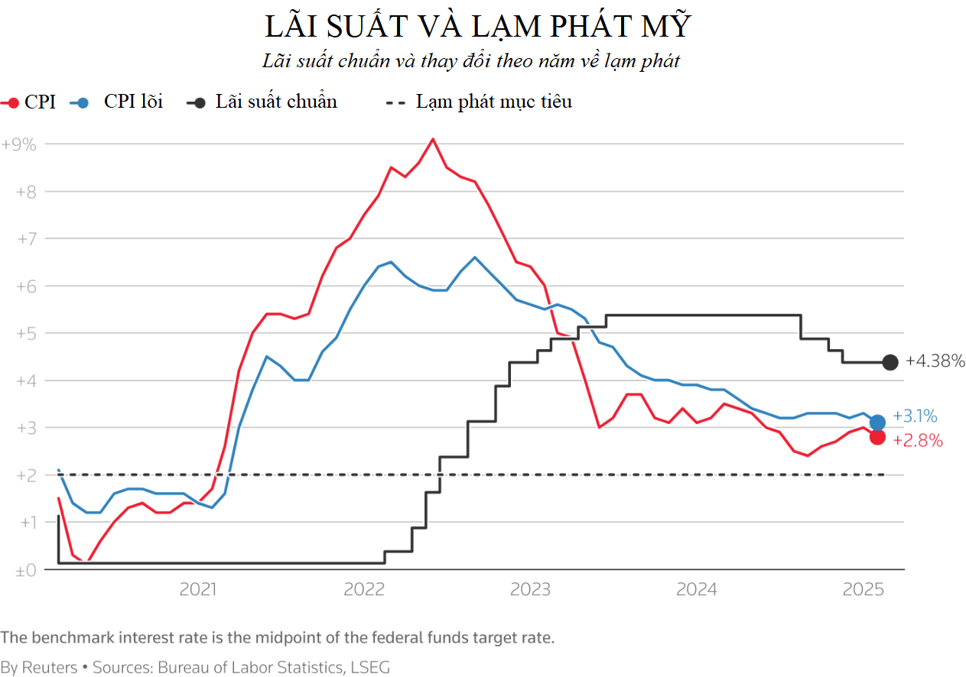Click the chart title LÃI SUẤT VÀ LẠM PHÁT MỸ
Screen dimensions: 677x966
coord(478,26)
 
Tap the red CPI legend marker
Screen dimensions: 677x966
coord(12,102)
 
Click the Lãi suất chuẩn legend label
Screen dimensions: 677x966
coord(276,102)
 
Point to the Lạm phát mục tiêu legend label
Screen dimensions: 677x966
coord(493,102)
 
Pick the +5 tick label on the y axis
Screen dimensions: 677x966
coord(26,334)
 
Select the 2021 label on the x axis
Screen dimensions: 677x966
coord(197,589)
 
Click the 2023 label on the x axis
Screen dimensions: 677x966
coord(530,589)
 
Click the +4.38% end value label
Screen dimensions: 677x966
coord(935,361)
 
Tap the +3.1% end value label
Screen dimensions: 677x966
coord(915,416)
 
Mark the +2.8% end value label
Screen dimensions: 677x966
coord(917,441)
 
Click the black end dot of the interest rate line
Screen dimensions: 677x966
coord(890,362)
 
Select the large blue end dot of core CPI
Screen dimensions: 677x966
coord(877,422)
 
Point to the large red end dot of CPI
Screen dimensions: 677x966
coord(877,437)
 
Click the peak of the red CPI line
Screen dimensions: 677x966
coord(433,139)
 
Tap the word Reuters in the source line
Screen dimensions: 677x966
coord(49,667)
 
